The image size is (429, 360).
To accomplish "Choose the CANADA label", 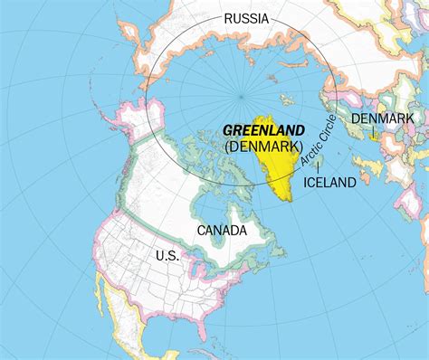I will click(x=222, y=230).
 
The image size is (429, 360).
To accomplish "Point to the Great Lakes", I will click(x=214, y=271).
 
